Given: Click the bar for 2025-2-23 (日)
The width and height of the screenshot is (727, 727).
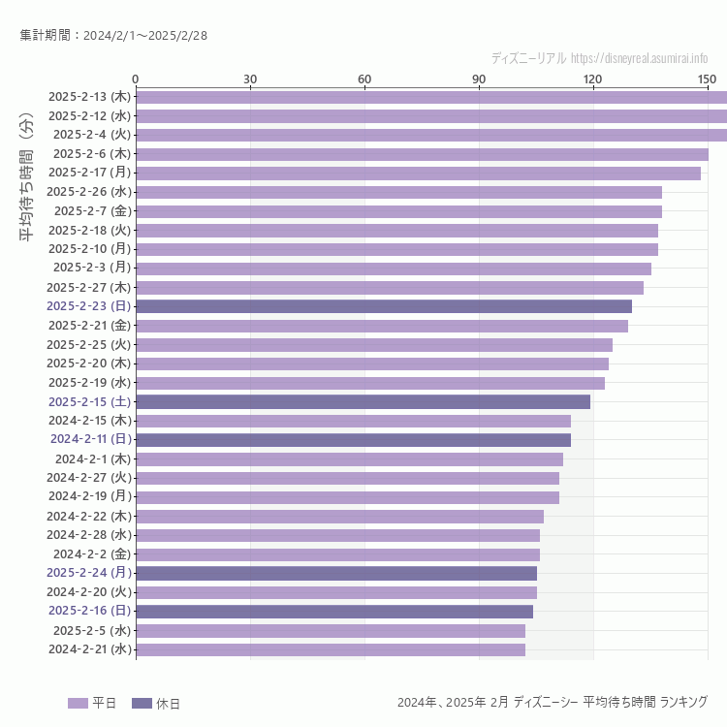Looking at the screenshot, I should click(x=383, y=306).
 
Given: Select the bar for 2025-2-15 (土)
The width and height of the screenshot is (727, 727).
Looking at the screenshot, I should click(x=363, y=401).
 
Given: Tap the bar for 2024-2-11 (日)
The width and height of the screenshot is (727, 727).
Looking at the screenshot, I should click(x=353, y=440).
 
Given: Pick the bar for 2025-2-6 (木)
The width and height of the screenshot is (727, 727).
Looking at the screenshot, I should click(x=422, y=154).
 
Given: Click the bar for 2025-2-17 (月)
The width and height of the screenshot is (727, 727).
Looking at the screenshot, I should click(x=418, y=173).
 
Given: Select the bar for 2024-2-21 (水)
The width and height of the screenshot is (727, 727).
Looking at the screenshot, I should click(x=330, y=649).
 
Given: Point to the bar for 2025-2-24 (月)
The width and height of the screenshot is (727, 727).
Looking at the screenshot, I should click(x=335, y=573).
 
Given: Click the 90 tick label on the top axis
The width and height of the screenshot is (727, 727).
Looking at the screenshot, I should click(x=479, y=79).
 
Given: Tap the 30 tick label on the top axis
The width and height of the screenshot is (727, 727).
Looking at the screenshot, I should click(x=250, y=79).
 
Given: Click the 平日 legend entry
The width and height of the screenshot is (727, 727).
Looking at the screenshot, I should click(x=92, y=703).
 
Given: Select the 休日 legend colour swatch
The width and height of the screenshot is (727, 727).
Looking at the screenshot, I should click(x=142, y=703).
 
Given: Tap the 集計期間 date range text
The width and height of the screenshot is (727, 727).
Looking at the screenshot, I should click(x=113, y=36).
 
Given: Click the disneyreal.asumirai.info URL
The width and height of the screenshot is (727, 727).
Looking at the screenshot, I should click(x=639, y=58).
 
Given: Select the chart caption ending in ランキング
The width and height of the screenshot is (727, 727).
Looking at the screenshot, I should click(x=552, y=702).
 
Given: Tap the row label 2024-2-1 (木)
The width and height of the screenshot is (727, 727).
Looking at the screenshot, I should click(x=92, y=458).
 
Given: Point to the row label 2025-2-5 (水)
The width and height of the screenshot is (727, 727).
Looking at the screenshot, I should click(x=91, y=630).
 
